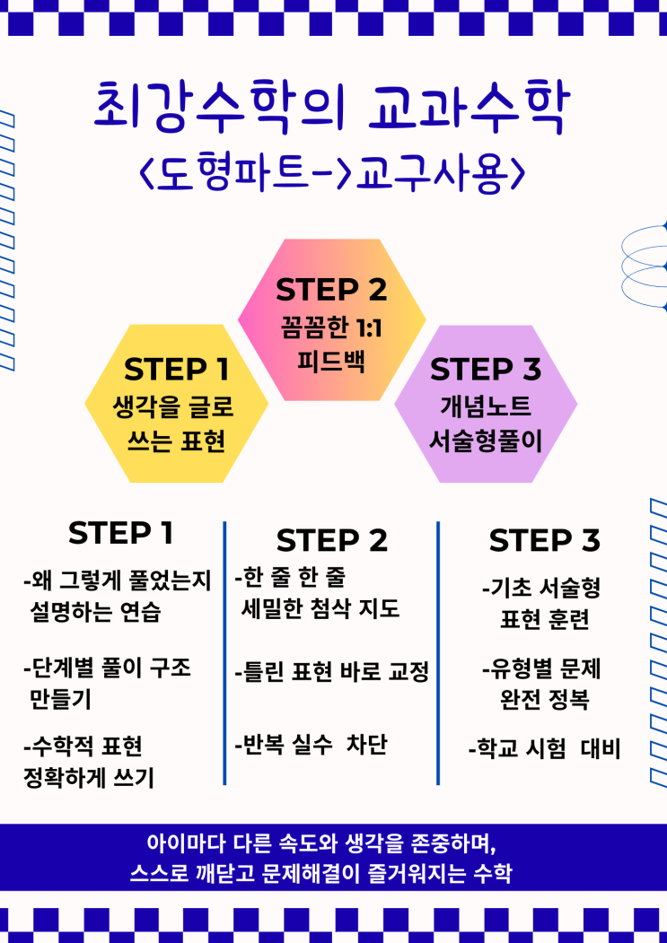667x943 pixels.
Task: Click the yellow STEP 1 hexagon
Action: (x=176, y=404)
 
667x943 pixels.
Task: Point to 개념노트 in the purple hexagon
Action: (x=486, y=406)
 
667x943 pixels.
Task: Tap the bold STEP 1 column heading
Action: (x=120, y=533)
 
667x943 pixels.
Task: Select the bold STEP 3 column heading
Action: (x=544, y=541)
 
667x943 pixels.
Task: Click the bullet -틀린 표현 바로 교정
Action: (x=331, y=670)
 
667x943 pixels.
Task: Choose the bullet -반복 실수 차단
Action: (x=311, y=745)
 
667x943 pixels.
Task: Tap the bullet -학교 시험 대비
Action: (x=544, y=748)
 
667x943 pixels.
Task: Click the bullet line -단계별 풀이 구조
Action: (x=108, y=668)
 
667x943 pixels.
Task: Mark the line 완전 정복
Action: (x=544, y=698)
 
